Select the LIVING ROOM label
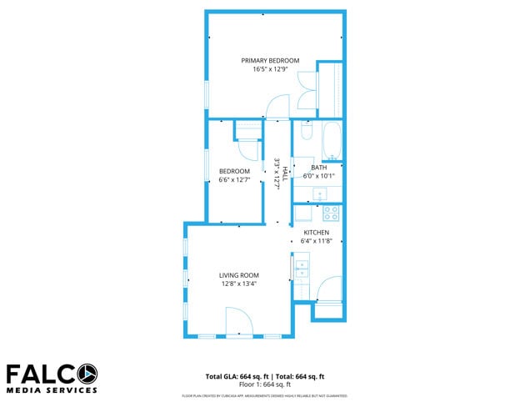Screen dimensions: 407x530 (x=239, y=275)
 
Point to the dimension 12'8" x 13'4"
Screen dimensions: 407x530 (x=239, y=284)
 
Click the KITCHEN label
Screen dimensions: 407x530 (x=316, y=233)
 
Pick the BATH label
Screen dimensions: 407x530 (x=319, y=168)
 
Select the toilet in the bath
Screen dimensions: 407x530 (x=306, y=133)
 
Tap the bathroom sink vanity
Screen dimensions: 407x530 (x=319, y=193)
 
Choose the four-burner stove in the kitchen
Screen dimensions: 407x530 (x=331, y=213)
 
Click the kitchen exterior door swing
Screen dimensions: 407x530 (x=329, y=289)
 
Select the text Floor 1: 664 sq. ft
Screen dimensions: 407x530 (x=264, y=384)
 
